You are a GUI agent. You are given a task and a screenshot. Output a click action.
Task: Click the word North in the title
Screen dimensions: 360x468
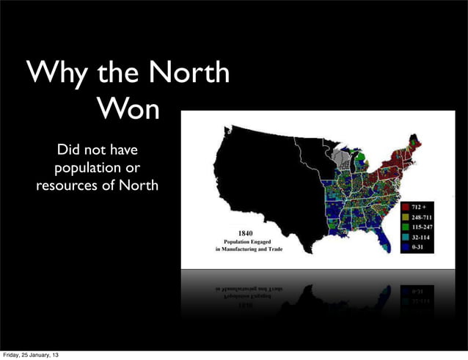click(188, 75)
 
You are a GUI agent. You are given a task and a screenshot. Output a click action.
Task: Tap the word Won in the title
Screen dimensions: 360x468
click(127, 109)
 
